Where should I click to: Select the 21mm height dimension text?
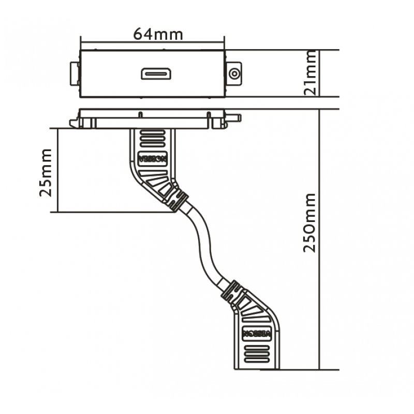coord(310,73)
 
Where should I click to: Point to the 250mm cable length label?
coord(310,223)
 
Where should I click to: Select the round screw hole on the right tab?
coord(234,73)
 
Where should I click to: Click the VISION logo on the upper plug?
coord(152,158)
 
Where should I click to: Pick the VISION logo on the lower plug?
coord(257,333)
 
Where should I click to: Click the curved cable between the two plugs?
coord(204,243)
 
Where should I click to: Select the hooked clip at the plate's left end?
coord(75,124)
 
